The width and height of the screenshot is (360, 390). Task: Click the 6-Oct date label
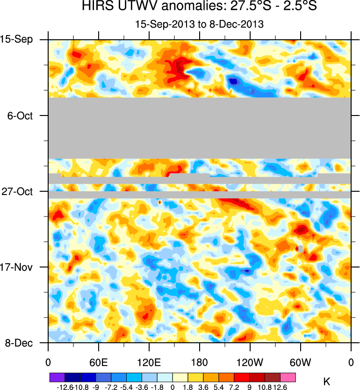point(21,116)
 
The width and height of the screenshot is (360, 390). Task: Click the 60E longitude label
point(99,361)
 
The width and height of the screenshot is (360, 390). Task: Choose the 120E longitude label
point(149,361)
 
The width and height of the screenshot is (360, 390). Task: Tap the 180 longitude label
point(200,361)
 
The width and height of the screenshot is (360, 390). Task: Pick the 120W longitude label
point(250,361)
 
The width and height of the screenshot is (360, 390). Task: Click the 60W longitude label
point(300,361)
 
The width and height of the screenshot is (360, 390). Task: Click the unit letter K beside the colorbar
point(327,383)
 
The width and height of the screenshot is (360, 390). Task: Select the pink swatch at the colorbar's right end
point(288,377)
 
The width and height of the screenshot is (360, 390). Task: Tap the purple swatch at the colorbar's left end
point(57,377)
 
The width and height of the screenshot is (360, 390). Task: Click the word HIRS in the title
point(97,7)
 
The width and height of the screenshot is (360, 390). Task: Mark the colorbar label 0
point(173,387)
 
